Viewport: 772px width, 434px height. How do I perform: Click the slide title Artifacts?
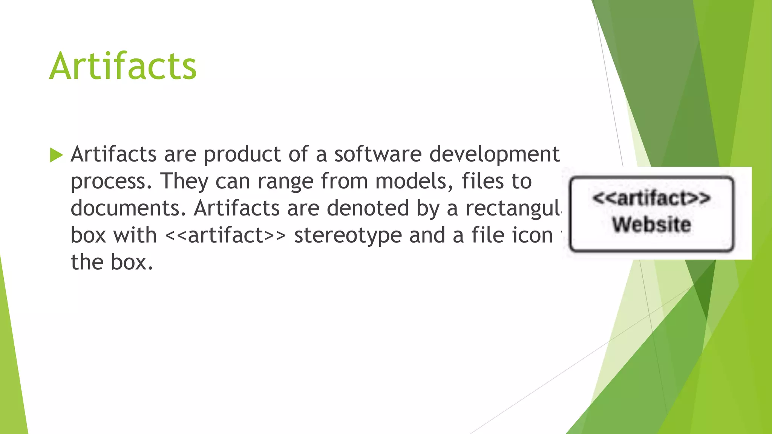tap(123, 66)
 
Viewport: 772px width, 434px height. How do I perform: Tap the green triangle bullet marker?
tap(56, 155)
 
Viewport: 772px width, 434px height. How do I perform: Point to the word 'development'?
tap(494, 154)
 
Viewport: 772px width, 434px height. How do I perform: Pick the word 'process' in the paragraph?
tap(108, 182)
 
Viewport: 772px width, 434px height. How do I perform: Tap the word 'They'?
tap(184, 181)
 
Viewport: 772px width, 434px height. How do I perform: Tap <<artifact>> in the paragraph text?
tap(225, 235)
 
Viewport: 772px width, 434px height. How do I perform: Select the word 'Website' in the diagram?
tap(651, 225)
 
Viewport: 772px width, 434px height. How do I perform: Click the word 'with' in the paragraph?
tap(135, 235)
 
